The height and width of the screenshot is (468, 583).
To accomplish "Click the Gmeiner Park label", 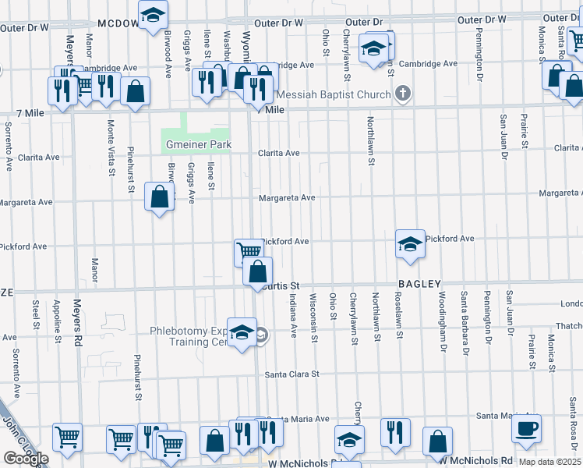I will point(196,145).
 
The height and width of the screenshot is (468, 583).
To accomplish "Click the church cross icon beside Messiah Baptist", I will point(403,95).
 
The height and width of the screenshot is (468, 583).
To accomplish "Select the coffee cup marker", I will point(526,427).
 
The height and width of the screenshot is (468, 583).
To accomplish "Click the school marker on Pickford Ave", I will point(410,243).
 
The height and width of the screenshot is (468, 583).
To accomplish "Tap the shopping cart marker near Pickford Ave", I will point(248,251).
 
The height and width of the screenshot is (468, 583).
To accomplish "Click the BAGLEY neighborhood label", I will point(420,285).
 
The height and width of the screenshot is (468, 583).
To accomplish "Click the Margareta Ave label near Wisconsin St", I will point(287,198).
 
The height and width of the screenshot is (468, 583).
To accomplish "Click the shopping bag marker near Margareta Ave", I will point(159,197).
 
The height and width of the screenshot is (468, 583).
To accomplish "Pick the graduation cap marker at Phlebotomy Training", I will point(242,331).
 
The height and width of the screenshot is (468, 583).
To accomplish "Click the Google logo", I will point(26,459).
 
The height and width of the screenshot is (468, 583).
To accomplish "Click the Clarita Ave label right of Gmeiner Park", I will point(279,154).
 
